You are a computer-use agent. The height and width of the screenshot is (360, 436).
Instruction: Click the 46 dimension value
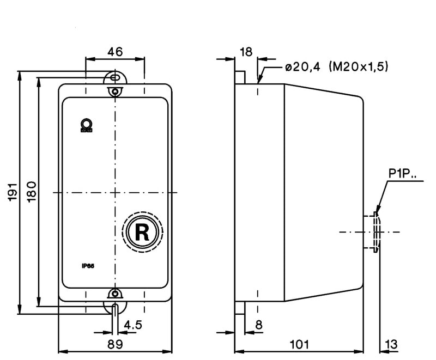point(114,52)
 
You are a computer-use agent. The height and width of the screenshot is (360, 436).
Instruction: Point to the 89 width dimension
point(114,344)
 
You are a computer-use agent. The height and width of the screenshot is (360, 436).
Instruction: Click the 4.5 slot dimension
point(133,325)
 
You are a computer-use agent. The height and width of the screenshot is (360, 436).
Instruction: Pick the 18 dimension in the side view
point(246,52)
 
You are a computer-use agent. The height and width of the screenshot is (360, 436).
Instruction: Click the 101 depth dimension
point(299,344)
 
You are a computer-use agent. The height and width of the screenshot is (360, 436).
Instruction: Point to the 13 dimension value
point(391,344)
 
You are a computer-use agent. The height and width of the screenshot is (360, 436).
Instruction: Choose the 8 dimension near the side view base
point(258,325)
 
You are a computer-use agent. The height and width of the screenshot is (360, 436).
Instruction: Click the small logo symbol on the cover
point(86,125)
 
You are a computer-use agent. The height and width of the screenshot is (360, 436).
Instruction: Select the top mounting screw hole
point(114,91)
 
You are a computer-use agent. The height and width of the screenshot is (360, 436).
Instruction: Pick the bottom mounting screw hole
point(114,294)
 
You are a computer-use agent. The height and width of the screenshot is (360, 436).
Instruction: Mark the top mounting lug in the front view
point(114,77)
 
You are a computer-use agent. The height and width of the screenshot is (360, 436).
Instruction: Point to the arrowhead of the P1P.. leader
point(376,212)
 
